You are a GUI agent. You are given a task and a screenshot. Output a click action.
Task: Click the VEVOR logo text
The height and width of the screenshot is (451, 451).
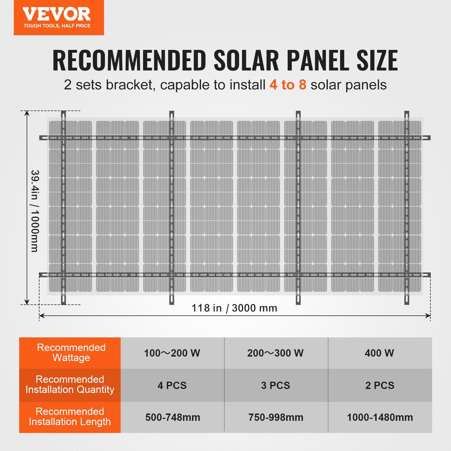click(56, 14)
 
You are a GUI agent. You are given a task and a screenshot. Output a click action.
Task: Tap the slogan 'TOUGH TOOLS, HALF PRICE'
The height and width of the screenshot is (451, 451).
click(57, 26)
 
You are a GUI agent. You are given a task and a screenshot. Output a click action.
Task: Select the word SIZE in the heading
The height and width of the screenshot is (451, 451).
click(377, 60)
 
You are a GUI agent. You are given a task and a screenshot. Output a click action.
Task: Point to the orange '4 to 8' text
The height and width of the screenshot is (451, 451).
click(288, 85)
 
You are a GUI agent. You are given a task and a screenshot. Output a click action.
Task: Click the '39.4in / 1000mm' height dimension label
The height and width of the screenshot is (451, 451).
click(35, 211)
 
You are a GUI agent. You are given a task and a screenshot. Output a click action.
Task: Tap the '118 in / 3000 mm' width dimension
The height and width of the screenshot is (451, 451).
click(234, 308)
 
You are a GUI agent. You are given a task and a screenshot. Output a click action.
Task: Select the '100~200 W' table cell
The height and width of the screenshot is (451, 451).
click(172, 353)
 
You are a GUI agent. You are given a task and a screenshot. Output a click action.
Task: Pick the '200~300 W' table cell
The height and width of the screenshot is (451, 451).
click(275, 353)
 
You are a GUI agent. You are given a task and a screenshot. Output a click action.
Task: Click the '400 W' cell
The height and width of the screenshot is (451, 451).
click(379, 353)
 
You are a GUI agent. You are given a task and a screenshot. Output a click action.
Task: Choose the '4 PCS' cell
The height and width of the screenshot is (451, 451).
click(172, 385)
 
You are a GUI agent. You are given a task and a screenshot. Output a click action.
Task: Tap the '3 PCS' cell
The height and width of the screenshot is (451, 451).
click(275, 385)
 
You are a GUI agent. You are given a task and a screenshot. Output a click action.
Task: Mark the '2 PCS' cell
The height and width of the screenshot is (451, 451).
click(380, 385)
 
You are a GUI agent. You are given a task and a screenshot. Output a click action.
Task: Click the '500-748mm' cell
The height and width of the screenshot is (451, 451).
click(173, 417)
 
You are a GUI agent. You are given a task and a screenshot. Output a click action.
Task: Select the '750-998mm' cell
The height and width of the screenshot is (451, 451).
click(276, 417)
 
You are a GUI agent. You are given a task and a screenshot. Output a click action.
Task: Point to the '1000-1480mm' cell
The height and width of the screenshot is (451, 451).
click(380, 417)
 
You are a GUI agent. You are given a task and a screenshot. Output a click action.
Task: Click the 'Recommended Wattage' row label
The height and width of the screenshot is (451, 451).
click(71, 353)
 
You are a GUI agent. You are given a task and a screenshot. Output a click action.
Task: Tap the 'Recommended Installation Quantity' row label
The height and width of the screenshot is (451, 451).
click(70, 384)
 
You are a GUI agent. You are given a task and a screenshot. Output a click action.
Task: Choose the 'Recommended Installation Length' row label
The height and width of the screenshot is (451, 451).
click(70, 417)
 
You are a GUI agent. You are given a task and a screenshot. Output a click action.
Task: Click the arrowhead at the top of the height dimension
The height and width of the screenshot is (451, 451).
click(27, 113)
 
